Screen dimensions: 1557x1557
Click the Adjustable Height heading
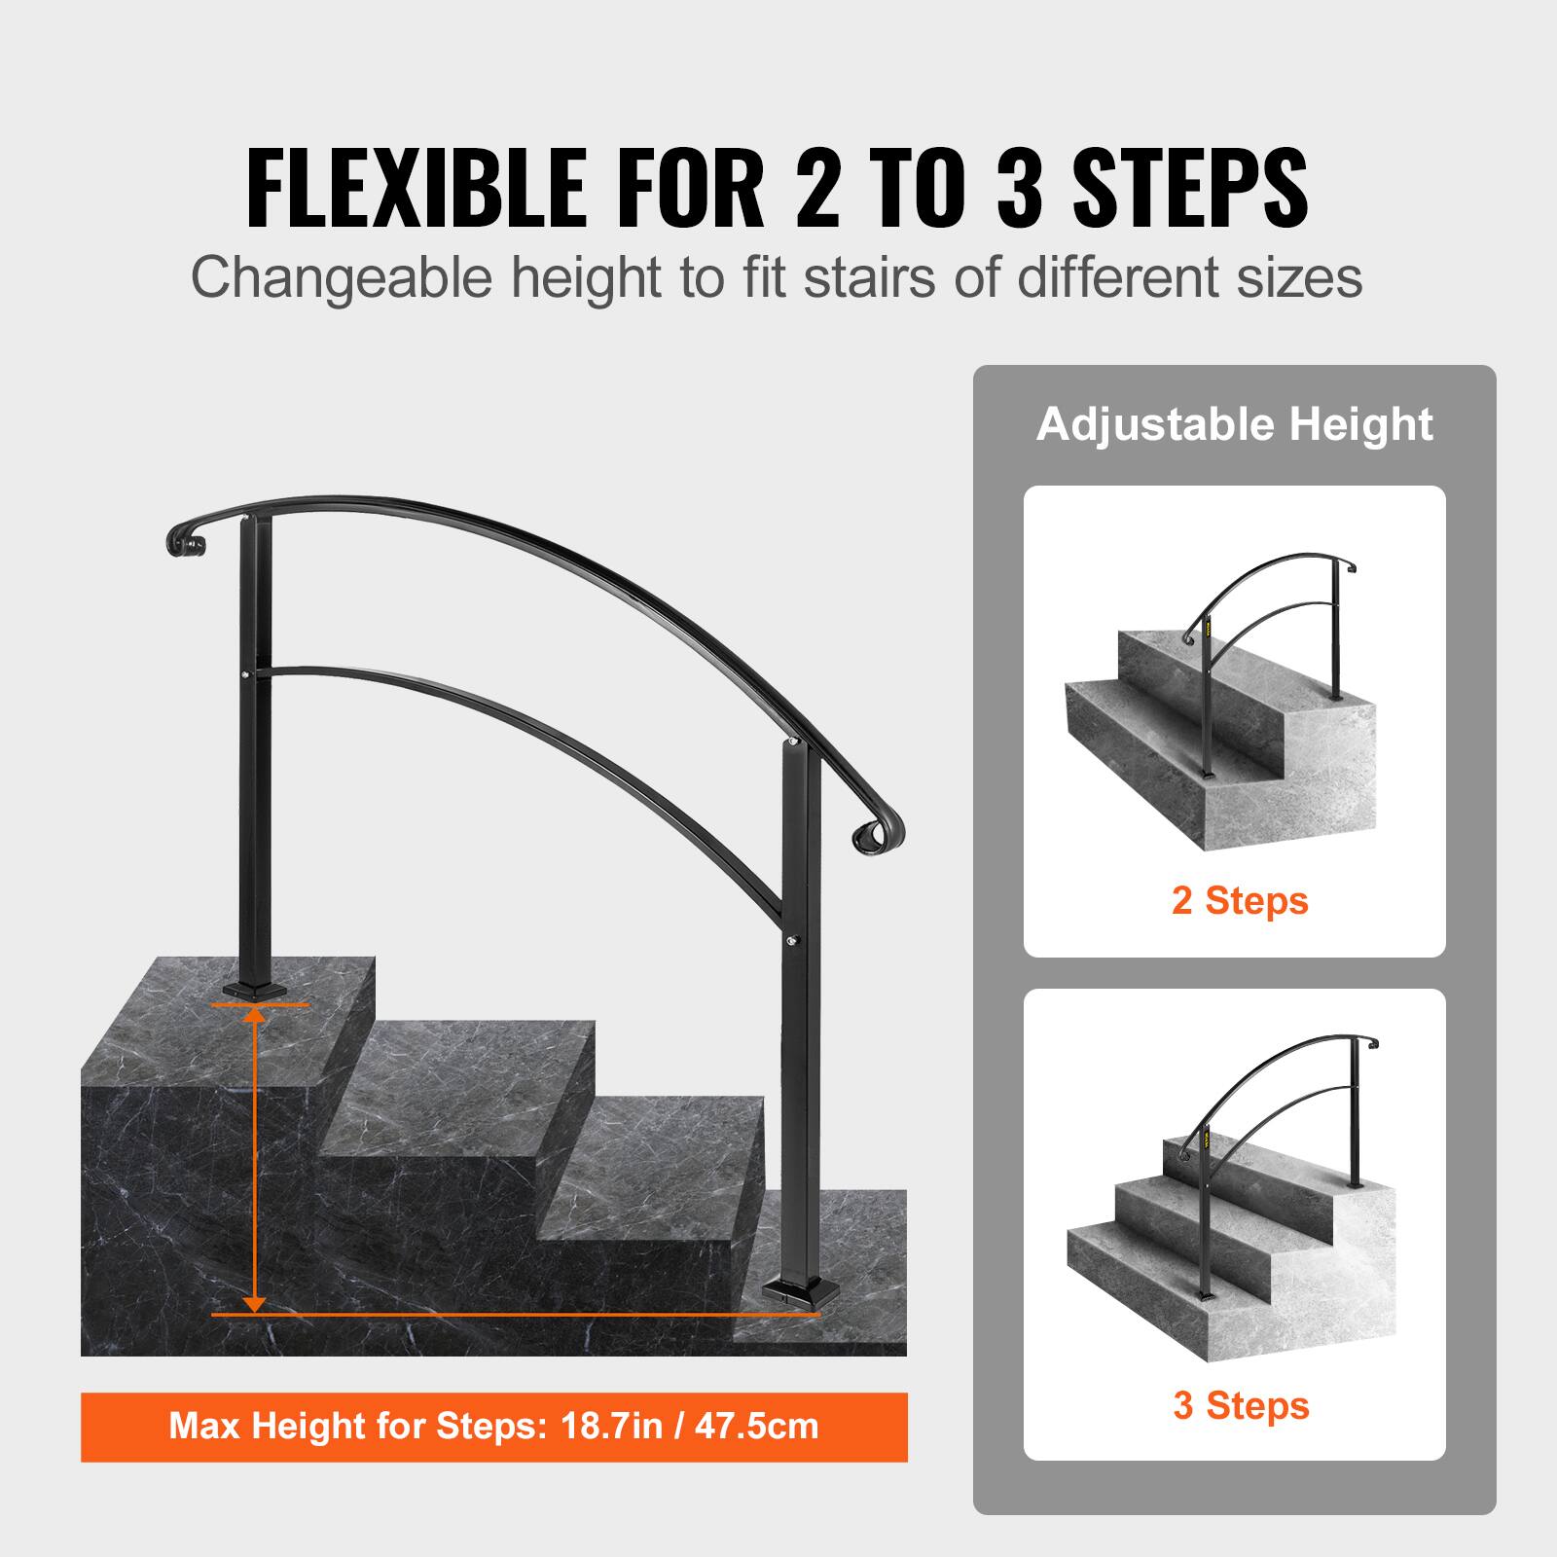(1234, 425)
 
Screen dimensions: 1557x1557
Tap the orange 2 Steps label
(1240, 900)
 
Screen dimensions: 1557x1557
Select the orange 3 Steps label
(1241, 1405)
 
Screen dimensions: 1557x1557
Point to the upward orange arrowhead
(254, 1017)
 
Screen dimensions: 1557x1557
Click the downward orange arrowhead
(254, 1301)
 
